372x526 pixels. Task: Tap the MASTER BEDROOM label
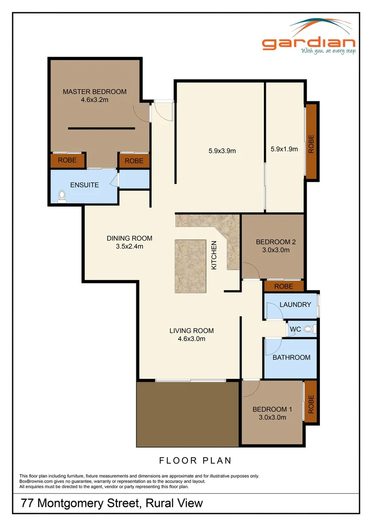94,92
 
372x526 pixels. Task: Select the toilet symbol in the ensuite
62,195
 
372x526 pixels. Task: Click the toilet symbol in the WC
308,330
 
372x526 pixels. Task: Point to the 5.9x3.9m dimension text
219,150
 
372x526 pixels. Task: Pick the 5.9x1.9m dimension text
284,149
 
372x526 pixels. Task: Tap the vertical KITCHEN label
213,255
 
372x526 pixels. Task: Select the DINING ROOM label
130,238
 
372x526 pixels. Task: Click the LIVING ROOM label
191,331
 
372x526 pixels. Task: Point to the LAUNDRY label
295,305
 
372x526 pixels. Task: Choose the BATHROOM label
291,357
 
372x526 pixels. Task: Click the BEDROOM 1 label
272,409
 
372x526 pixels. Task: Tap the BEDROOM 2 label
276,242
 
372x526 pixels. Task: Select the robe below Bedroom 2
283,286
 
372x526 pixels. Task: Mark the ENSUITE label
84,185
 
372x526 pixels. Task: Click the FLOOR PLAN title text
195,460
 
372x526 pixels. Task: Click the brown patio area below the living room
187,414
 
